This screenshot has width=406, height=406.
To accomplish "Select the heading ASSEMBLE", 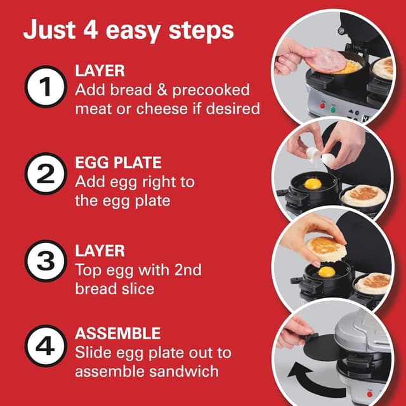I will click(118, 334).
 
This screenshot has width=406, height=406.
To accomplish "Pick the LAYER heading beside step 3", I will click(100, 252).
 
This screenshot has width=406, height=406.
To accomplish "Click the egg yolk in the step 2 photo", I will click(313, 184).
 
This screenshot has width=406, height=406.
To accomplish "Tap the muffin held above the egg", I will click(325, 247).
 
